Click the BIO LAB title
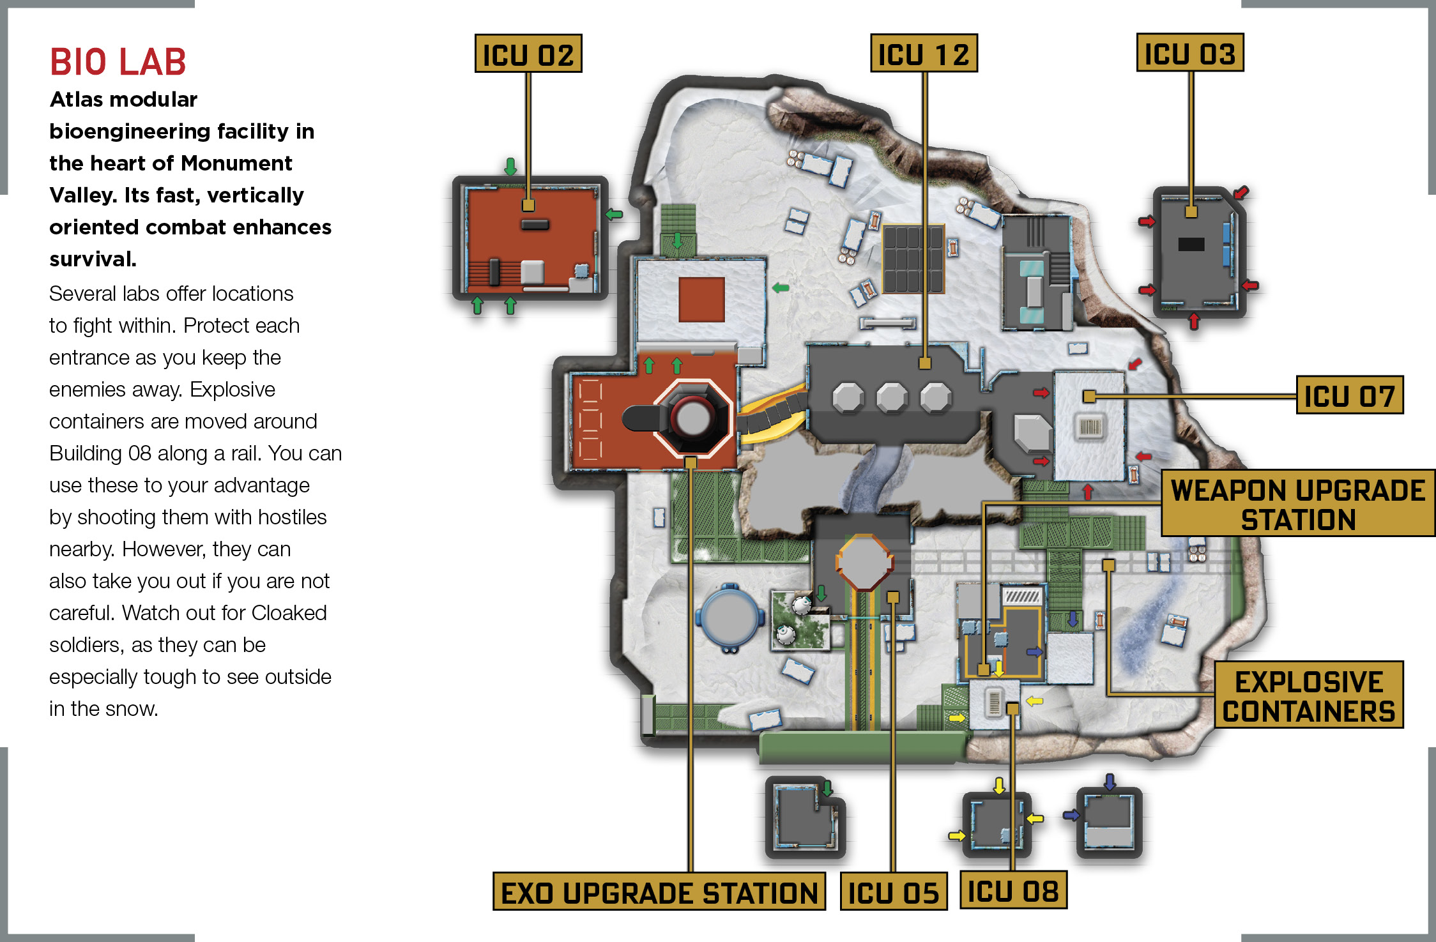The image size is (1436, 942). point(118,62)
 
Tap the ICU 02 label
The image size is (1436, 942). point(528,54)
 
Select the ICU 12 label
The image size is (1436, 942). point(924,54)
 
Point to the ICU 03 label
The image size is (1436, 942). point(1190,53)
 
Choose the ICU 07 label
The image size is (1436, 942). point(1350,395)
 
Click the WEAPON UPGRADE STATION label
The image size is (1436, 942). point(1298,504)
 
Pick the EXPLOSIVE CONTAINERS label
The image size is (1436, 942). point(1309,695)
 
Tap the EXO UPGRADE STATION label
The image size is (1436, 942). point(659,892)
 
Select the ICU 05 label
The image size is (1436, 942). point(894,892)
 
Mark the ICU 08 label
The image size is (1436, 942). point(1014,890)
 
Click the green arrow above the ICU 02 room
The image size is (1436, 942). point(510,167)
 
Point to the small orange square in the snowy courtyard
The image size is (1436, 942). point(701,300)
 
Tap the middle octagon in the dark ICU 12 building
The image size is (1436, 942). point(892,398)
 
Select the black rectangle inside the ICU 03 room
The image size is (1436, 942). point(1191,244)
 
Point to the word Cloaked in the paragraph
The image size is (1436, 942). point(289,612)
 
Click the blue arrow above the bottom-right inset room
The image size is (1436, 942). point(1110,782)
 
